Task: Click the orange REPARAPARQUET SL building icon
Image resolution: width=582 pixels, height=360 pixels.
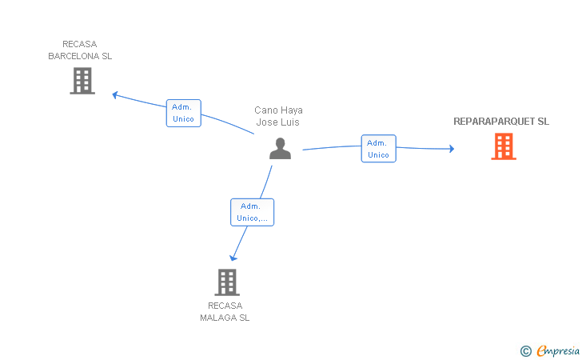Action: [504, 146]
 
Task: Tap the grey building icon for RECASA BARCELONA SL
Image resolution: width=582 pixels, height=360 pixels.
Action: [82, 81]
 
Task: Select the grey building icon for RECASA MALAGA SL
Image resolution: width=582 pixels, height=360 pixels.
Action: [227, 282]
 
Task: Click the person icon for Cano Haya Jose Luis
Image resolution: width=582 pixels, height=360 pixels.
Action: [280, 148]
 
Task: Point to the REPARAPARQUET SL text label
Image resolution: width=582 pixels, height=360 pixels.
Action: [501, 122]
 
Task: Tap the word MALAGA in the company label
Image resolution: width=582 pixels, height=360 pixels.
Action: [218, 318]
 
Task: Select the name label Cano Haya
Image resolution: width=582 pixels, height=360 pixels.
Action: [278, 110]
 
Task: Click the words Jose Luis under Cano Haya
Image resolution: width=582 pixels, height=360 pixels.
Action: [278, 122]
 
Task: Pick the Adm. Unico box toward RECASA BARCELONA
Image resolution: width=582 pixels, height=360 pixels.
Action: [183, 113]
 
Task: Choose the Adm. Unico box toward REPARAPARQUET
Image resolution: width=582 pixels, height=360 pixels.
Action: [378, 149]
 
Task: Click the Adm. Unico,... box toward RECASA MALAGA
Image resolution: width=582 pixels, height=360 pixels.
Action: [252, 212]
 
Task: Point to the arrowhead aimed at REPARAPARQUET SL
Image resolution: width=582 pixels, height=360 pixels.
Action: [451, 149]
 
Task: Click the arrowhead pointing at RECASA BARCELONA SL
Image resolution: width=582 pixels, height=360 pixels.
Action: [115, 94]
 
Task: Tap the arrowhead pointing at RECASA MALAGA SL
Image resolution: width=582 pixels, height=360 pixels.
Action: [233, 257]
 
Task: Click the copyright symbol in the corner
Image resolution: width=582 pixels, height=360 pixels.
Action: [525, 350]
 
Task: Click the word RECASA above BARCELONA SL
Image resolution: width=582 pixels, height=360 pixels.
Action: [79, 45]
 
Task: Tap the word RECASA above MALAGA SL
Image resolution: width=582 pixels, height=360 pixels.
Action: [225, 306]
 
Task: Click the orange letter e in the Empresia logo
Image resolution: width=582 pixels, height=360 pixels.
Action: [541, 350]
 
